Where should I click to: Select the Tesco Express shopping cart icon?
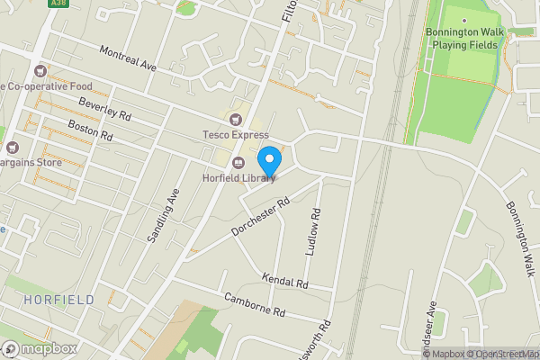(237, 119)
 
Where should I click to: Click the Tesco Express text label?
(236, 135)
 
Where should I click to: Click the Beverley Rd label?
(105, 110)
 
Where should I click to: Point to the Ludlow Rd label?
(314, 232)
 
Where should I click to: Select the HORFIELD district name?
(59, 299)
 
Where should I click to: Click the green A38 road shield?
(59, 4)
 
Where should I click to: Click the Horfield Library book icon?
(238, 163)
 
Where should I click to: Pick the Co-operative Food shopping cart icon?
(39, 70)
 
